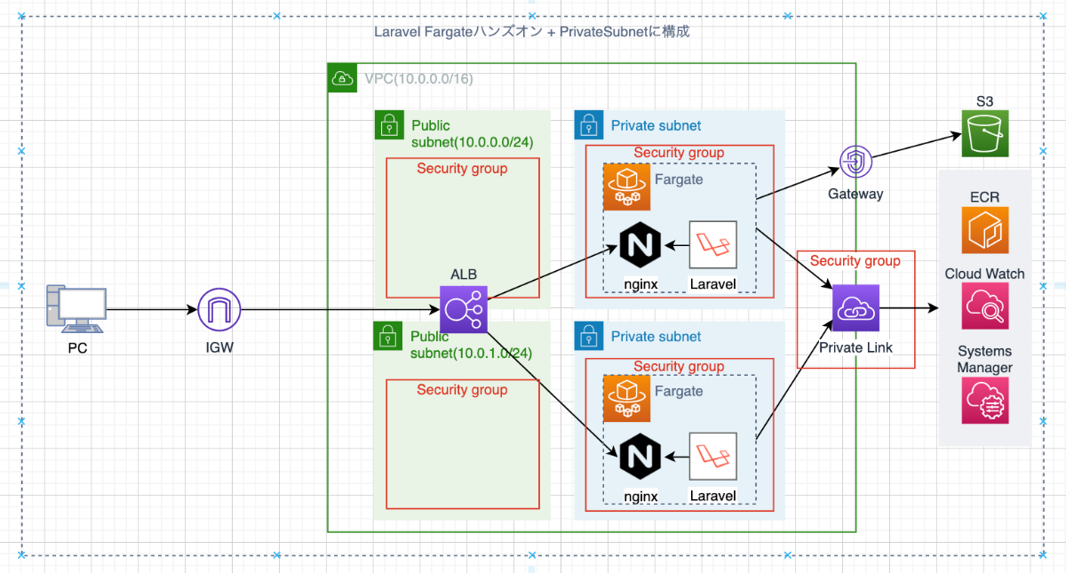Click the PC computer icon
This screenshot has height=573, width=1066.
(x=76, y=309)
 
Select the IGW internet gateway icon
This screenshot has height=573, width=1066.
(x=219, y=310)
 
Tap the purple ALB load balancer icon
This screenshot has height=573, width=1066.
(x=463, y=309)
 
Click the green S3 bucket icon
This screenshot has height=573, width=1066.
(x=984, y=133)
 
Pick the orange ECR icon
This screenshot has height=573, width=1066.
(x=984, y=230)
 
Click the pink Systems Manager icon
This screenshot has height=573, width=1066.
(x=984, y=400)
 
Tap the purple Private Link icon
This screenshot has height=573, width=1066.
(x=855, y=308)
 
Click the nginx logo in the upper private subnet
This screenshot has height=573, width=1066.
(x=641, y=245)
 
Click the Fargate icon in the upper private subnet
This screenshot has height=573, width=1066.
(x=627, y=186)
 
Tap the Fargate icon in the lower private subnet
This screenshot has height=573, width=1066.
(x=627, y=397)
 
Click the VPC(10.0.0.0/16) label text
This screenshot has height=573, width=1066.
(x=418, y=78)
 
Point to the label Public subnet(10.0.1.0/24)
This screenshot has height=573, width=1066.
(x=471, y=346)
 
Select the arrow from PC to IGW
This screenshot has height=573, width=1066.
(x=151, y=310)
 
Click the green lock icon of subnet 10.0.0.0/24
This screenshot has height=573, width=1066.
(x=388, y=125)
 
